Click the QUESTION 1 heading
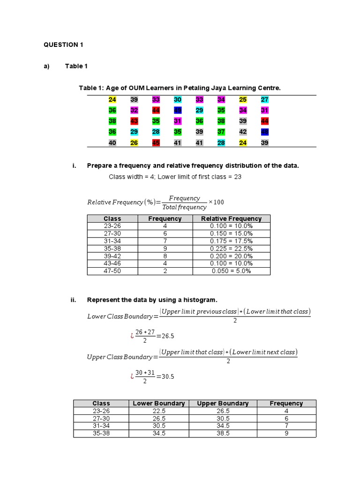63,45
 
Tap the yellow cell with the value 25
243,99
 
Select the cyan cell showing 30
178,99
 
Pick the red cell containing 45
156,142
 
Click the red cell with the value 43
134,121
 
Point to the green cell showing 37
221,132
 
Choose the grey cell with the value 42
243,132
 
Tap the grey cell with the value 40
112,142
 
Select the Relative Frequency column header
231,218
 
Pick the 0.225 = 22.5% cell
231,248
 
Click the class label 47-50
112,271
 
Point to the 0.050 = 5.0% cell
231,271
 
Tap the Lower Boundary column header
159,403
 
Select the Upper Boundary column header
223,403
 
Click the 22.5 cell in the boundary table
159,411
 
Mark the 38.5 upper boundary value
223,434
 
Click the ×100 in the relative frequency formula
217,202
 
